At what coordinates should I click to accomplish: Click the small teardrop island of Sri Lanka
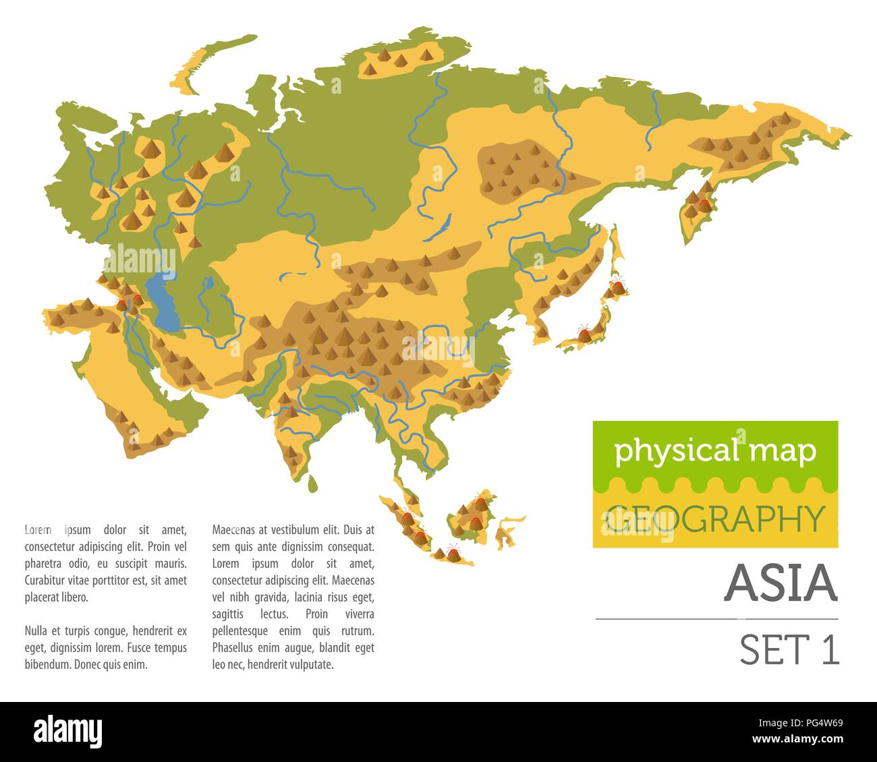[312, 483]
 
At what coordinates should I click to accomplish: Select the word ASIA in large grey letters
[781, 583]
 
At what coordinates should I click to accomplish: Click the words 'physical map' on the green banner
[715, 452]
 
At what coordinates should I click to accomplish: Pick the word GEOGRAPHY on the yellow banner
[715, 519]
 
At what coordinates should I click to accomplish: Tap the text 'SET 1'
[789, 649]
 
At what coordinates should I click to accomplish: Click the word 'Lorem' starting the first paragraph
[38, 529]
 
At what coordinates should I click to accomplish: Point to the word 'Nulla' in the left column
[36, 631]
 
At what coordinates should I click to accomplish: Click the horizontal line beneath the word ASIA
[716, 618]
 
